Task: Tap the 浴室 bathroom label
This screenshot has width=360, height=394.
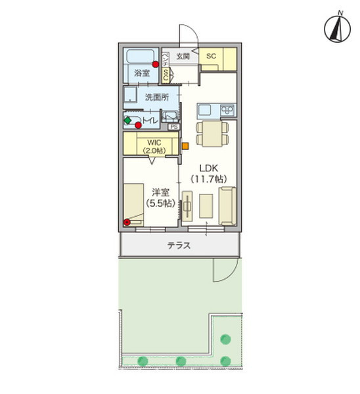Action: coord(142,74)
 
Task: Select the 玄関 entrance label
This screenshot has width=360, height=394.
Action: coord(183,57)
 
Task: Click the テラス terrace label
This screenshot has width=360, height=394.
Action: coord(179,246)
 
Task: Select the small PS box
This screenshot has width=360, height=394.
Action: coord(174,127)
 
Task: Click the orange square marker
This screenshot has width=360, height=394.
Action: coord(185,145)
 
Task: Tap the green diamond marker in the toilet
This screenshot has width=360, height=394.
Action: coord(127,120)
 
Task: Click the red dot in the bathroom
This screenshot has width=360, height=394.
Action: coord(156,64)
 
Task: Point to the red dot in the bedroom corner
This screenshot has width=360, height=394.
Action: coord(127,222)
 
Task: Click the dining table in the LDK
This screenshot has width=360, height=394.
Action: coord(210,134)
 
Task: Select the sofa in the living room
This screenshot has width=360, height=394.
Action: coord(227,206)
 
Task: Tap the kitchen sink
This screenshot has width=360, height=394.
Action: coord(204,108)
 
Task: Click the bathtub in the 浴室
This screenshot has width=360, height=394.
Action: coord(140,57)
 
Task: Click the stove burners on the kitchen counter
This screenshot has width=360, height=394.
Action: coord(229,109)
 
